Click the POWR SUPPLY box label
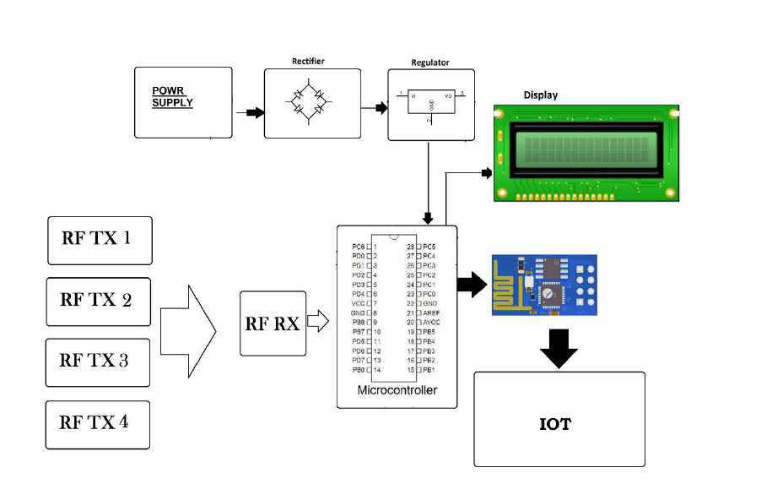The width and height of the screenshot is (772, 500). [x=172, y=96]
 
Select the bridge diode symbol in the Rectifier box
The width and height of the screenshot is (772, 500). [x=308, y=103]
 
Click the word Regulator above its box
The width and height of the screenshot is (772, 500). [x=429, y=62]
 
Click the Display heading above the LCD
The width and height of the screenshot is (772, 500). [x=540, y=95]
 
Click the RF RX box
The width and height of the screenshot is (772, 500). [x=272, y=323]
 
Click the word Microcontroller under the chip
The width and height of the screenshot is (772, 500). [x=397, y=390]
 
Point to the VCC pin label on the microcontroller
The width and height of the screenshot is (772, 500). [x=359, y=302]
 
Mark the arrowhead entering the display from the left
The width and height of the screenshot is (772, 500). [x=487, y=173]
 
